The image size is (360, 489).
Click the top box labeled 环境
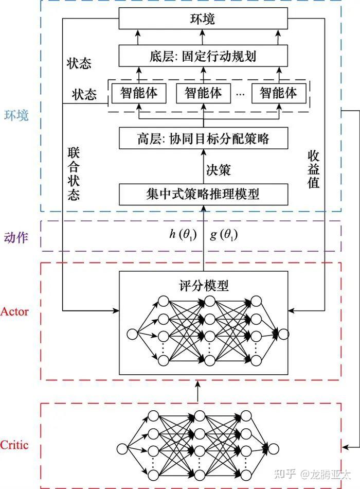coord(203,20)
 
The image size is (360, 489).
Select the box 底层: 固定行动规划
coord(203,56)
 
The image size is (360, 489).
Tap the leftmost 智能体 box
coord(139,93)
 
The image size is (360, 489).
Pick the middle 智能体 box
coord(203,93)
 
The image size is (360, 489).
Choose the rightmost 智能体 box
coord(278,93)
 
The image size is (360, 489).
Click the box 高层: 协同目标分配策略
coord(203,138)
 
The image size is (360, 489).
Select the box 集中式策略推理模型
coord(203,194)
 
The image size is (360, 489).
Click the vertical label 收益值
coord(314,169)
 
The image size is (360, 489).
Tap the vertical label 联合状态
coord(74,174)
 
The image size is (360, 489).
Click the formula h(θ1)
coord(183,234)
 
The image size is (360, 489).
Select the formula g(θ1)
coord(224,234)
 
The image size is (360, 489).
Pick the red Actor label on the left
coord(14,311)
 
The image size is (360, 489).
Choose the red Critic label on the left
coord(14,445)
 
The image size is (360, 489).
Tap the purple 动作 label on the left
coord(16,238)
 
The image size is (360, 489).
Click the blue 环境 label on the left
coord(16,115)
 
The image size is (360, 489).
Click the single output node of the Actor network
coord(283,334)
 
